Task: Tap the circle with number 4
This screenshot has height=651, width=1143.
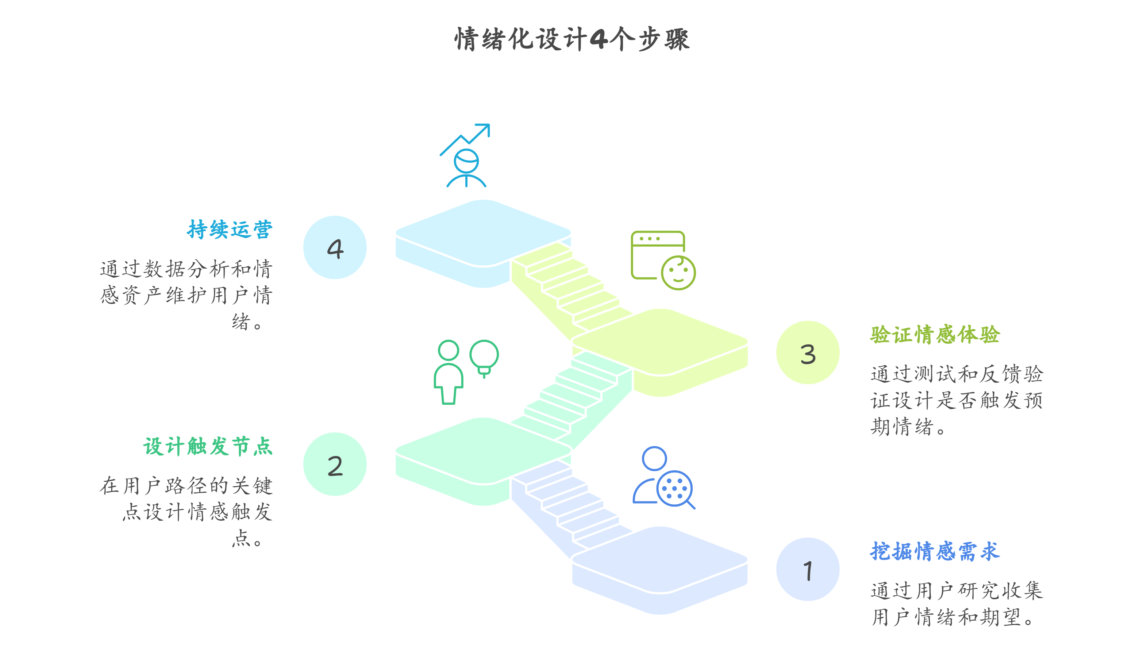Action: coord(335,248)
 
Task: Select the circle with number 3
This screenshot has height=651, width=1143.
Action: coord(807,353)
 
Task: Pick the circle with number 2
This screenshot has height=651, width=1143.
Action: coord(335,464)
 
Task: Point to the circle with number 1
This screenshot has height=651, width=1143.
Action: coord(807,569)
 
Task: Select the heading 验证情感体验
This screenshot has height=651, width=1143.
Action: coord(935,335)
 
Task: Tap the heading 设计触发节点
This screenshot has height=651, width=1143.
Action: coord(208,446)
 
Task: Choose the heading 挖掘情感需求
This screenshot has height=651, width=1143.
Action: coord(935,551)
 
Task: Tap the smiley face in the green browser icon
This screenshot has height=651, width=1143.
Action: coord(678,273)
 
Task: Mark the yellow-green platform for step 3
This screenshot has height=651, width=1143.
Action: coord(660,342)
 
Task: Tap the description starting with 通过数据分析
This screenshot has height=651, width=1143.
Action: coord(186,295)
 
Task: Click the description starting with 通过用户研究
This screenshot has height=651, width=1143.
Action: coord(956,604)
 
